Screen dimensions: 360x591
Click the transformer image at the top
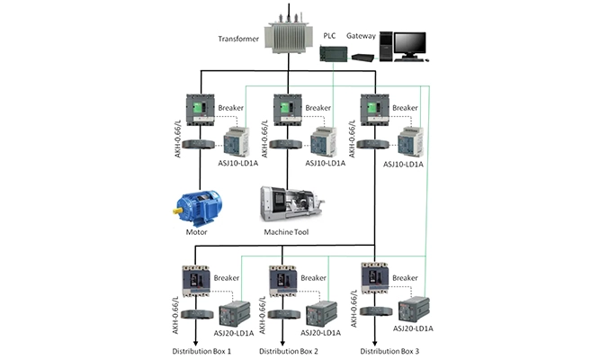click(x=286, y=33)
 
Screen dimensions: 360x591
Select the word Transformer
click(x=237, y=39)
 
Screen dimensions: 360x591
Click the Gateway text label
click(x=362, y=35)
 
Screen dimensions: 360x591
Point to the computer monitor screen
click(x=409, y=42)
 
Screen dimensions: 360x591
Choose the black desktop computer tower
click(x=387, y=45)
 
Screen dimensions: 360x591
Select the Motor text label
click(x=197, y=232)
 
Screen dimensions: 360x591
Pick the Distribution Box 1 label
click(x=202, y=350)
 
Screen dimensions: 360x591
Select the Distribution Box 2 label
click(x=289, y=350)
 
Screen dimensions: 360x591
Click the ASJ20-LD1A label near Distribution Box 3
click(x=413, y=329)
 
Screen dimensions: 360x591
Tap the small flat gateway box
click(x=363, y=58)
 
